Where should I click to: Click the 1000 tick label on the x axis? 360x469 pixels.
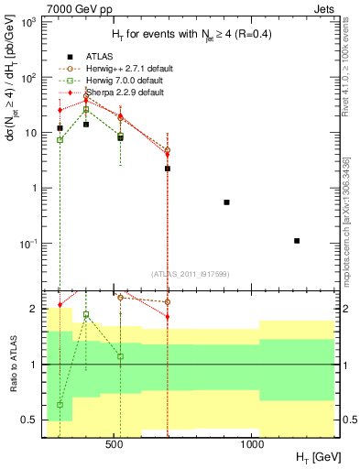253,445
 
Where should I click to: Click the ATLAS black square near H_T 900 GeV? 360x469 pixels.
226,202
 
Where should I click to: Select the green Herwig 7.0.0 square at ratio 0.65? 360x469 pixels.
60,404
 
